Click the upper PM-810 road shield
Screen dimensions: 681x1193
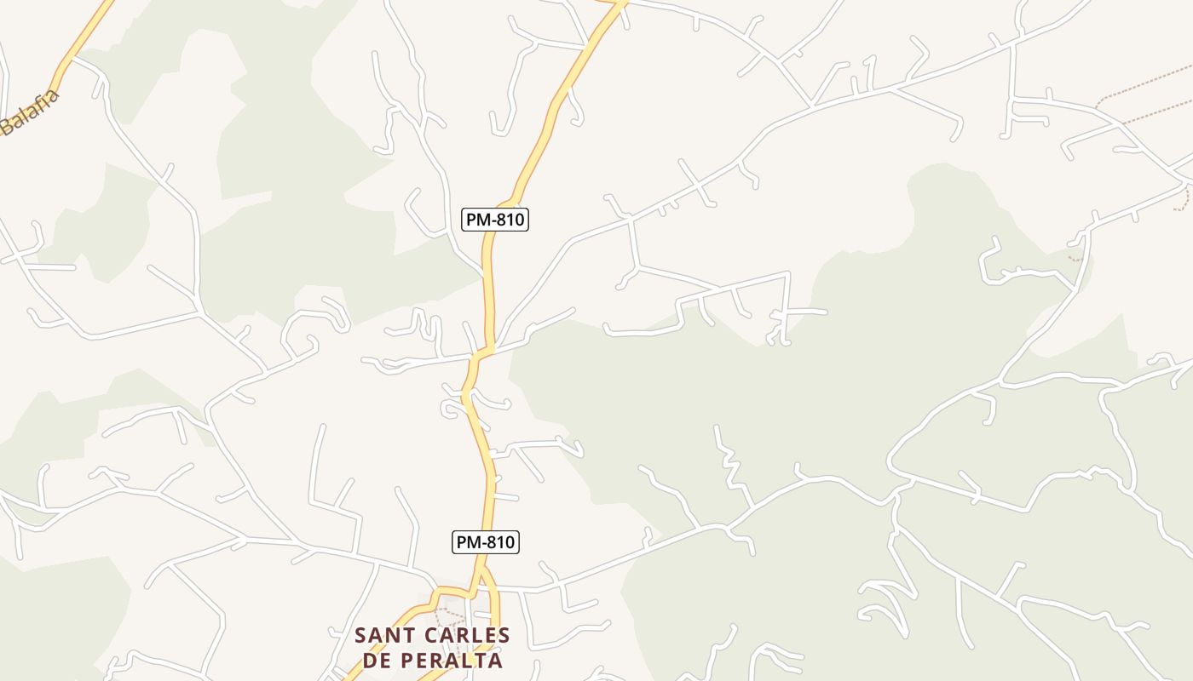pyautogui.click(x=495, y=220)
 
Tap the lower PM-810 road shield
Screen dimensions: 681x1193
pyautogui.click(x=485, y=542)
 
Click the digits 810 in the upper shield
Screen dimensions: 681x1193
pyautogui.click(x=510, y=220)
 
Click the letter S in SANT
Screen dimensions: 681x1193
pyautogui.click(x=361, y=636)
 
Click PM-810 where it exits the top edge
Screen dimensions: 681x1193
pyautogui.click(x=620, y=3)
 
